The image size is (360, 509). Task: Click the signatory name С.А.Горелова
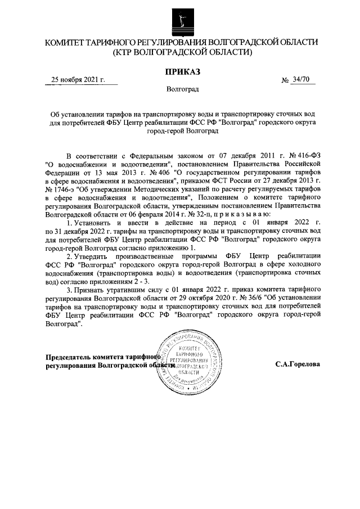click(x=298, y=364)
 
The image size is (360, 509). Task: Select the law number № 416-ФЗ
click(x=304, y=155)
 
